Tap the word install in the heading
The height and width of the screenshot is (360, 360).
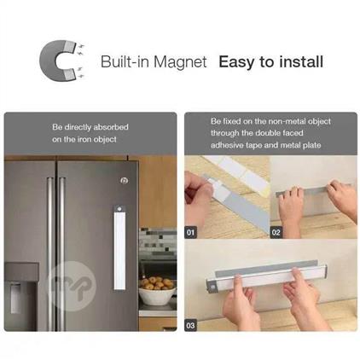tap(301, 61)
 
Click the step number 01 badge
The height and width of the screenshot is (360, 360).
tap(190, 233)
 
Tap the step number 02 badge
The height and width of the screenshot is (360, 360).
tap(276, 233)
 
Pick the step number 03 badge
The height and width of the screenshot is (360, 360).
tap(190, 325)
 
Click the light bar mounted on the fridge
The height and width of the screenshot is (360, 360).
tap(119, 247)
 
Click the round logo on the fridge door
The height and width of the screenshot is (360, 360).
tap(125, 180)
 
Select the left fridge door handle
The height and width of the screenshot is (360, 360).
tap(50, 253)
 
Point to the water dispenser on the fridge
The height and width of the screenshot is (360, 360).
tap(20, 296)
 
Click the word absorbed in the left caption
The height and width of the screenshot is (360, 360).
tap(111, 127)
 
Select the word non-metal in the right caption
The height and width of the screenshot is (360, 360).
tap(287, 121)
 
